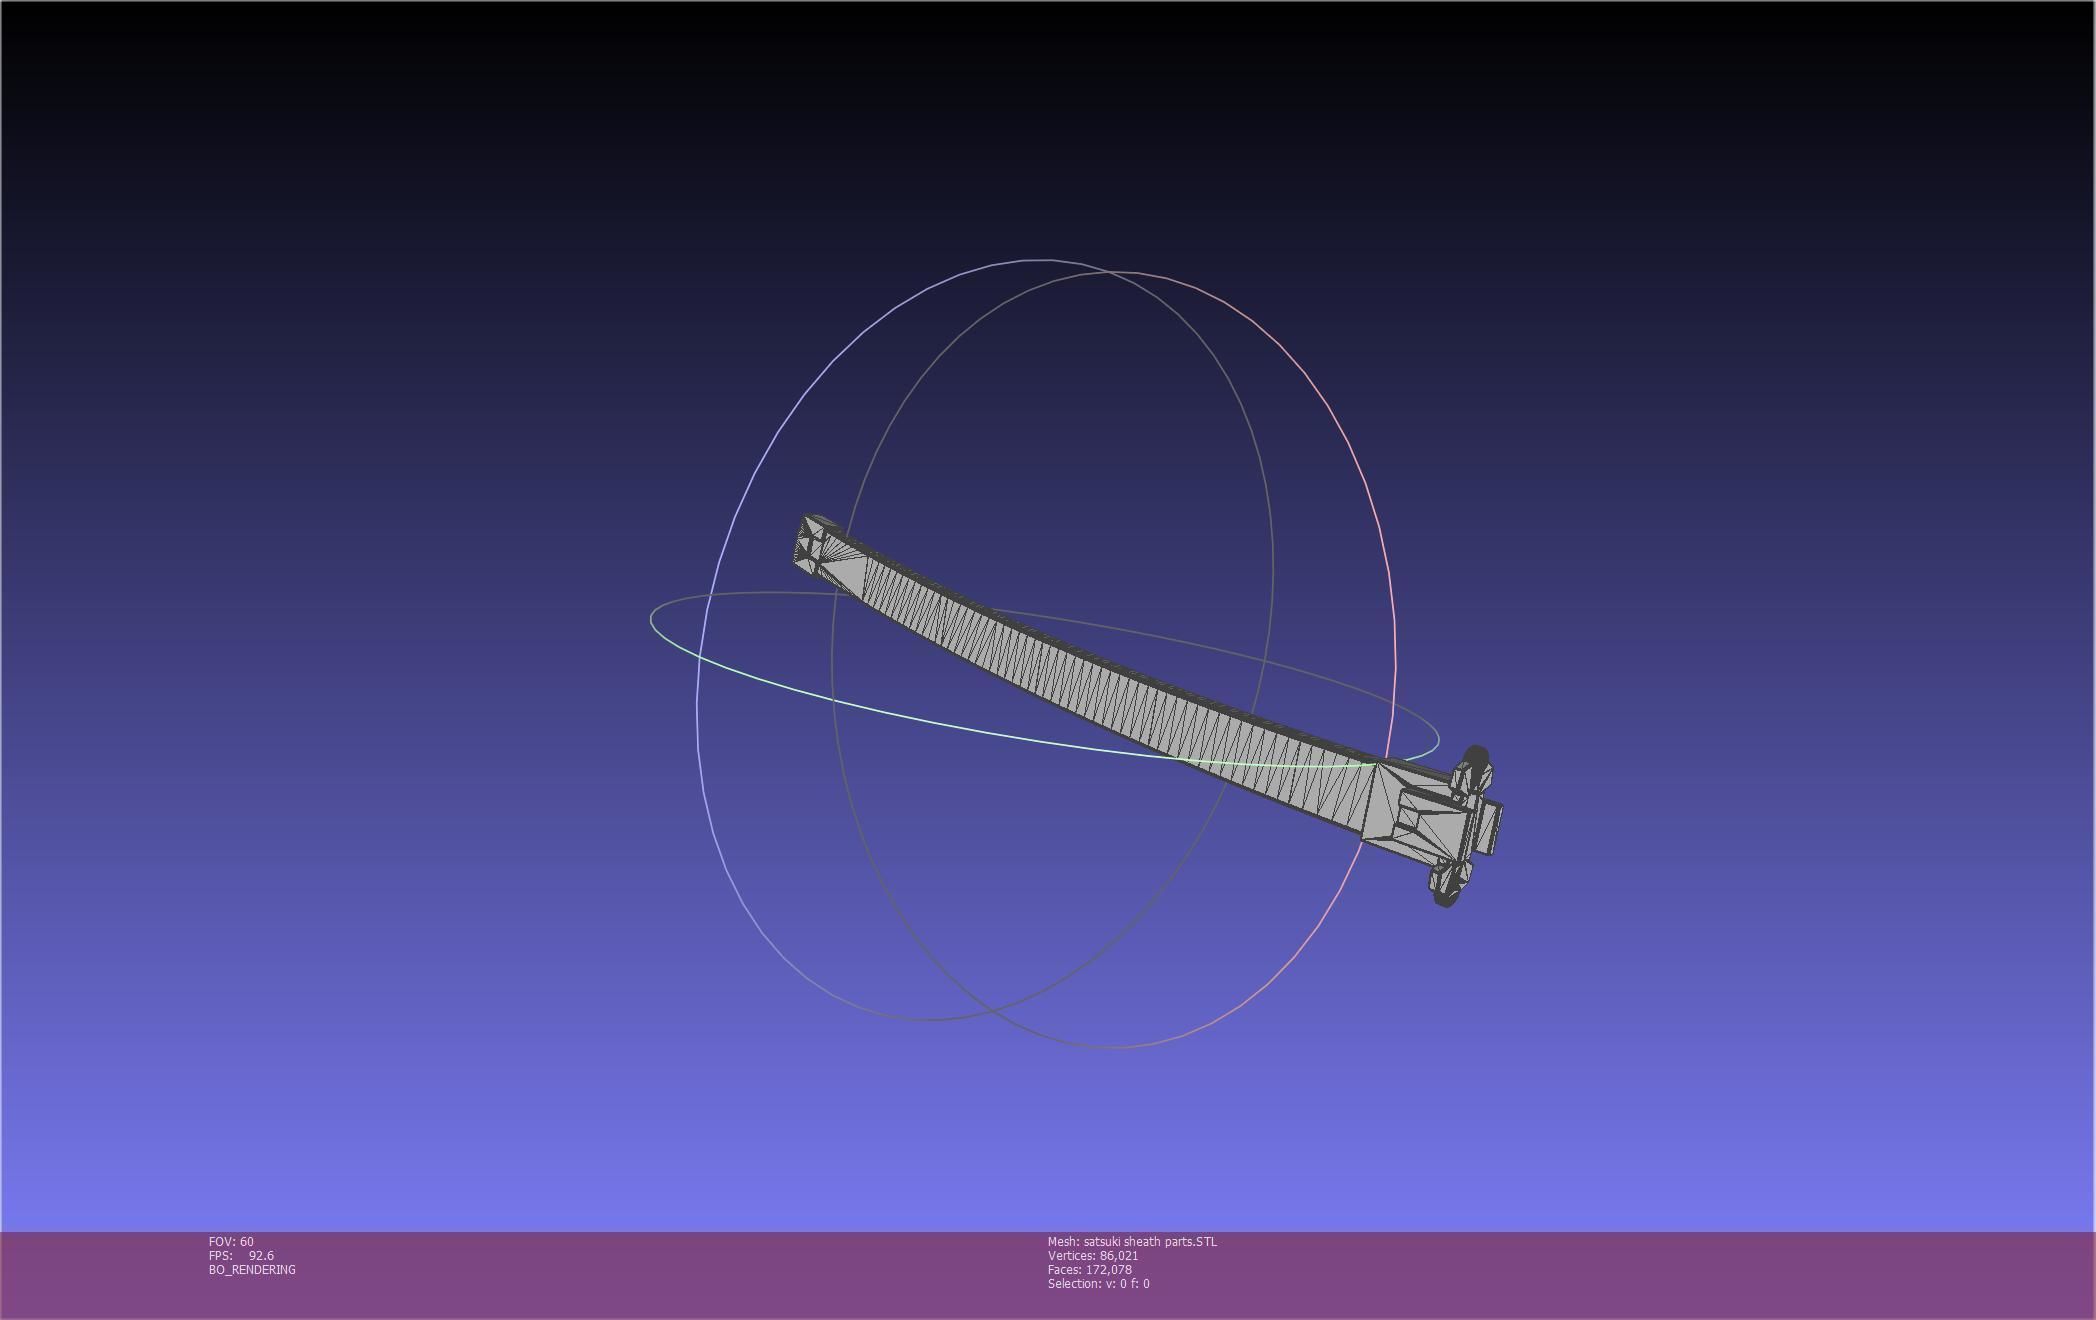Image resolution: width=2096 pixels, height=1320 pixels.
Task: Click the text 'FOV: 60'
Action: pyautogui.click(x=231, y=1241)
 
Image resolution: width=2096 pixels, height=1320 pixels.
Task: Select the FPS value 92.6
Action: pyautogui.click(x=261, y=1255)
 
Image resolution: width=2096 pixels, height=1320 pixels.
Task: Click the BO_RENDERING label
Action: pyautogui.click(x=252, y=1269)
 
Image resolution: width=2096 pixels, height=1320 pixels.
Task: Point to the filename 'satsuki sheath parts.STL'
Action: pyautogui.click(x=1150, y=1241)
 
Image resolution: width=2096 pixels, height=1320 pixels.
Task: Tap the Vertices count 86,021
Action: pyautogui.click(x=1118, y=1255)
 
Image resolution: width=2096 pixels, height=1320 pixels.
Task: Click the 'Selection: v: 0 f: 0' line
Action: pyautogui.click(x=1098, y=1283)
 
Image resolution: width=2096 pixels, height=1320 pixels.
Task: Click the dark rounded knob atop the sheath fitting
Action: pyautogui.click(x=1476, y=755)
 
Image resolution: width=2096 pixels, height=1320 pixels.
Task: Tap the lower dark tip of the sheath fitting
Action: pyautogui.click(x=1444, y=899)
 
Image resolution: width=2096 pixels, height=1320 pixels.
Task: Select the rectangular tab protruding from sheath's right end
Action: pyautogui.click(x=1488, y=828)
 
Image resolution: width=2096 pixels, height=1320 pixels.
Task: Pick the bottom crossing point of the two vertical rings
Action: pyautogui.click(x=992, y=1010)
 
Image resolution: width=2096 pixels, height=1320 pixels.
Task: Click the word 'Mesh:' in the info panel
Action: pyautogui.click(x=1063, y=1241)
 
